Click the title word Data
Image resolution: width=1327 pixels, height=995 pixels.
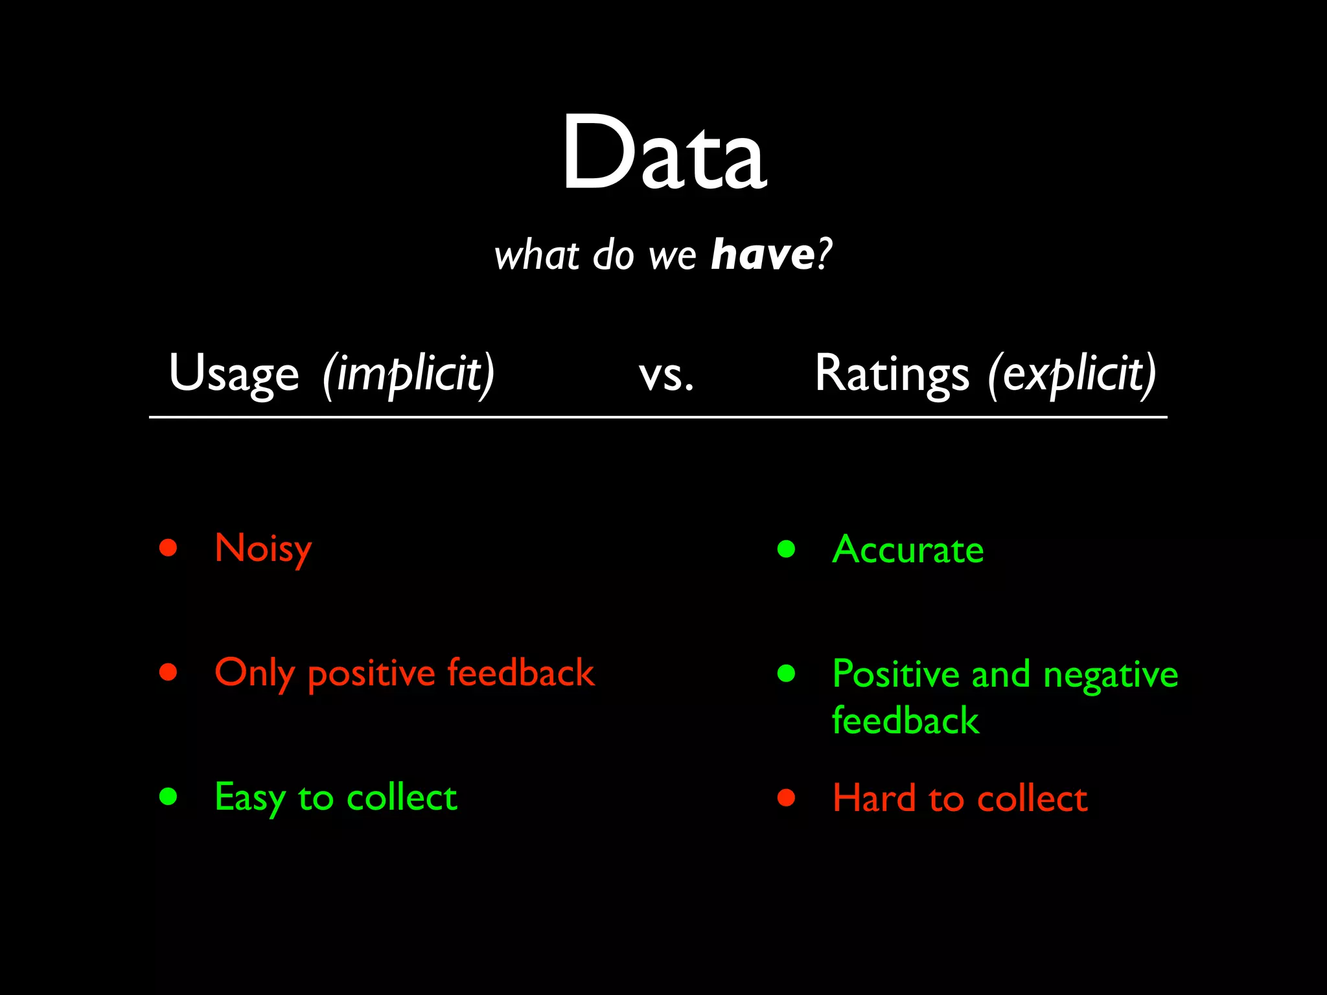pos(663,154)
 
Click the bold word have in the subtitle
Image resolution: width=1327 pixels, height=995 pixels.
pos(762,255)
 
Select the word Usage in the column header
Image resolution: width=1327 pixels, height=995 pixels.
pos(233,374)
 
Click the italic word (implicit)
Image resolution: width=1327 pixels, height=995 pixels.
pos(408,374)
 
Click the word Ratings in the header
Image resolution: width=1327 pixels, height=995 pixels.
pos(892,374)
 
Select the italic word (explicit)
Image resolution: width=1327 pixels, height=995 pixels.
pos(1072,374)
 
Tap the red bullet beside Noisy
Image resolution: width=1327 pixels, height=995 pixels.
pos(168,548)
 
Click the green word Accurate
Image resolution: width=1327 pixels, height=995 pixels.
pos(908,550)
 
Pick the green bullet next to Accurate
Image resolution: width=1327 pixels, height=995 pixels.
pos(786,549)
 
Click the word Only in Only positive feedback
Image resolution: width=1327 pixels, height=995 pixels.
pos(254,673)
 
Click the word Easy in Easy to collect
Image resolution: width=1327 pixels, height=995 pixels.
pos(249,798)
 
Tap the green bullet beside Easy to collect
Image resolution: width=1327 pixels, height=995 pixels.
pos(168,796)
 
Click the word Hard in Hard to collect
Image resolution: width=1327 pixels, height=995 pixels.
pos(873,798)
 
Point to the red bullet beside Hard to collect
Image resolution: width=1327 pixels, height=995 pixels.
pos(786,797)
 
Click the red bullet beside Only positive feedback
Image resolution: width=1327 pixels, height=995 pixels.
pos(168,672)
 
